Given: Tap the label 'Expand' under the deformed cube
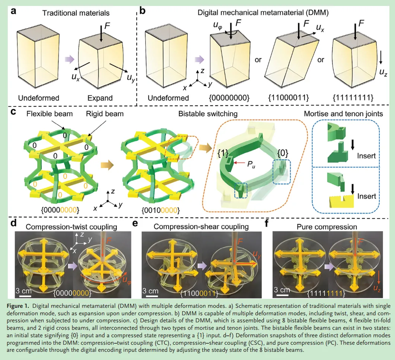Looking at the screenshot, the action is tap(100, 98).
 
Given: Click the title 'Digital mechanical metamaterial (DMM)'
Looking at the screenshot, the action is tap(265, 12).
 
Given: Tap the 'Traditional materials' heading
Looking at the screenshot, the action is tap(76, 13).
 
